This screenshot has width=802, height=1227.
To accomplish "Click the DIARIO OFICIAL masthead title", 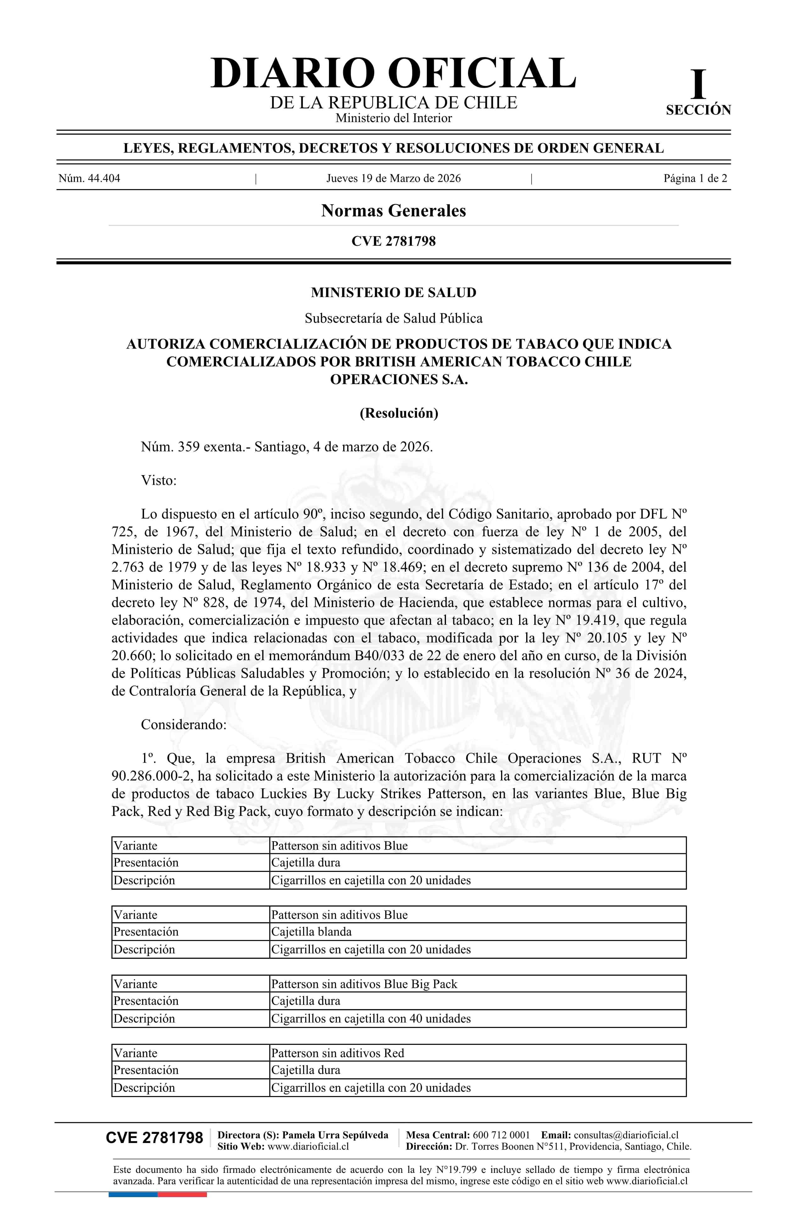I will coord(393,73).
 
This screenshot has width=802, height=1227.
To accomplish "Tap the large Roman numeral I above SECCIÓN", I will coord(698,85).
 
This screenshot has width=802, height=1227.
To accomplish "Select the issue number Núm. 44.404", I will coord(89,179).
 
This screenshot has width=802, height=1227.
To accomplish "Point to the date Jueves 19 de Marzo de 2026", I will coord(393,179).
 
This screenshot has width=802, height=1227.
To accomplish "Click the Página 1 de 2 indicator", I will coord(695,179).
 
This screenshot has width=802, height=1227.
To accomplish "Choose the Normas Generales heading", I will coord(393,211).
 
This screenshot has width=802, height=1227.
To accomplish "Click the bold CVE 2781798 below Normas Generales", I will coord(393,241).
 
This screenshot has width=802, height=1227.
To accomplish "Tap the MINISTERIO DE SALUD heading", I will coord(393,293).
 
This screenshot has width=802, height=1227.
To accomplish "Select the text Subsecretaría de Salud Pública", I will coord(393,319).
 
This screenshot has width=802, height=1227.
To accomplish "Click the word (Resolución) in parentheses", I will coord(398,413).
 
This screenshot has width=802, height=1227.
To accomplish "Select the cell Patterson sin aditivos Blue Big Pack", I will coord(364,984).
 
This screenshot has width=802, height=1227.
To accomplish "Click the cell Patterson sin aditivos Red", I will coord(337,1053).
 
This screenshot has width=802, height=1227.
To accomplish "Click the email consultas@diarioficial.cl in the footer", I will coord(626,1135).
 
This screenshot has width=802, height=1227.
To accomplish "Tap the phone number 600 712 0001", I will coord(501,1135).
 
